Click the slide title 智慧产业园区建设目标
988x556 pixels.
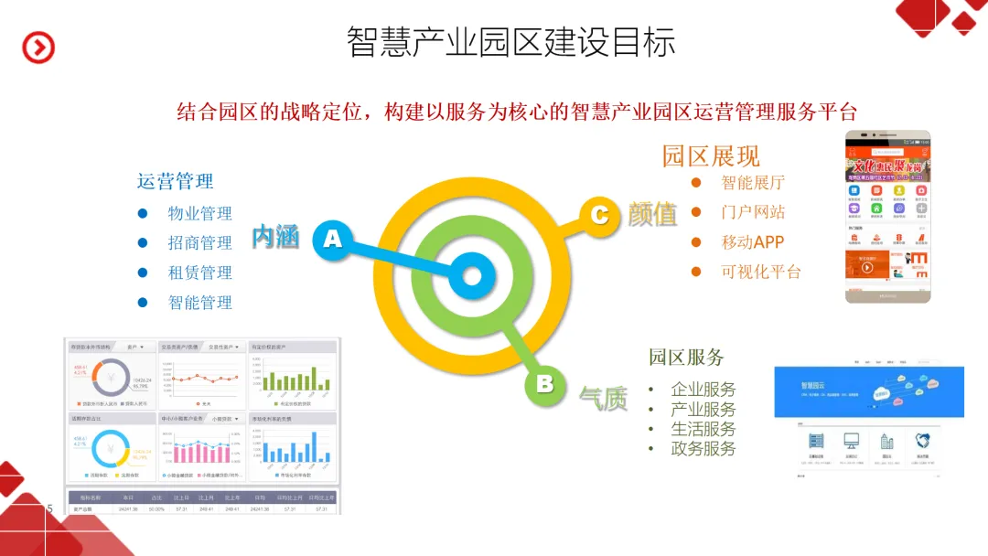[x=510, y=43]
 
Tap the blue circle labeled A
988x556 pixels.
[x=333, y=240]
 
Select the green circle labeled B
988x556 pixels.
[x=545, y=384]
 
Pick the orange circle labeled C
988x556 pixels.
[x=599, y=215]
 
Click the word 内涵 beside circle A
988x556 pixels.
[x=275, y=238]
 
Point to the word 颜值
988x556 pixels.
[x=652, y=214]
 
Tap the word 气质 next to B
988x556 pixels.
[x=603, y=398]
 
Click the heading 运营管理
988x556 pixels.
[x=175, y=181]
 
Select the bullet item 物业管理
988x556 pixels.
[x=199, y=213]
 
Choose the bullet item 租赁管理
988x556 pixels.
[x=199, y=273]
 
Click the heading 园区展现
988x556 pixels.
[x=711, y=155]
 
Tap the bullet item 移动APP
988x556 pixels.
[x=752, y=242]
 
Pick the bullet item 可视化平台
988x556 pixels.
[x=760, y=272]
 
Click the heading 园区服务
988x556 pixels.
[x=686, y=357]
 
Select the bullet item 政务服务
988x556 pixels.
[x=703, y=448]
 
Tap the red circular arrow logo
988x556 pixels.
[x=38, y=47]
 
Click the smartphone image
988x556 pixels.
[x=886, y=216]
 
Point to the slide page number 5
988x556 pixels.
[x=50, y=508]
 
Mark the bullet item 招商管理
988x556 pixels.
[x=199, y=243]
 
